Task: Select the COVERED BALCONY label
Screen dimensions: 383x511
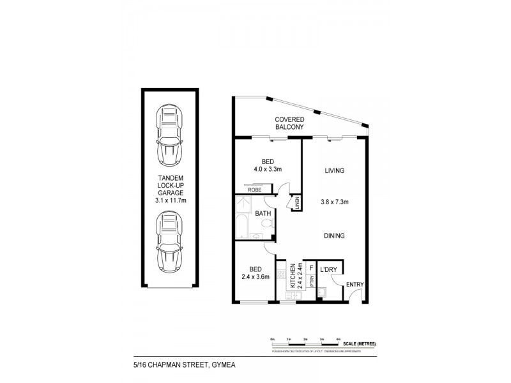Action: click(289, 123)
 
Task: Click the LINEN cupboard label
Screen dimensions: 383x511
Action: click(298, 202)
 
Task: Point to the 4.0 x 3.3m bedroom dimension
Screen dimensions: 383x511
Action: click(268, 169)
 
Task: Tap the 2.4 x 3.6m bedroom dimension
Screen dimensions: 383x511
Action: click(254, 276)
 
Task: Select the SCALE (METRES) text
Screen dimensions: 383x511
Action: click(358, 344)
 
